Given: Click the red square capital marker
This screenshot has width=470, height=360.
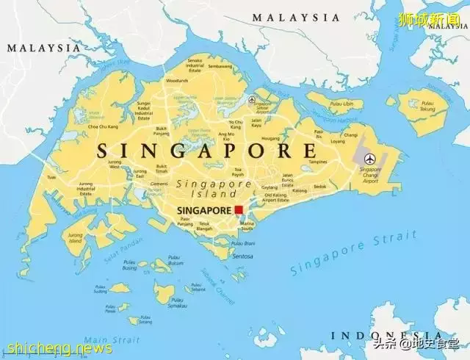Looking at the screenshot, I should pyautogui.click(x=238, y=210).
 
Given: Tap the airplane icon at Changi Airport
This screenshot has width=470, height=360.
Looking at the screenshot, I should pyautogui.click(x=369, y=158).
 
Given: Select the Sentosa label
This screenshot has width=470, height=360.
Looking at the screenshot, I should pyautogui.click(x=242, y=256).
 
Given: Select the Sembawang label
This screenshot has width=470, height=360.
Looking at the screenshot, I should pyautogui.click(x=220, y=65).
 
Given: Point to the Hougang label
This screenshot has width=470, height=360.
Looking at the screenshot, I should pyautogui.click(x=271, y=138).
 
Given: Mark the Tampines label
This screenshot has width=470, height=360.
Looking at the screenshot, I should pyautogui.click(x=317, y=162).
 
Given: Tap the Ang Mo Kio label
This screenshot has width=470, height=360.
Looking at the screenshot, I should pyautogui.click(x=228, y=136).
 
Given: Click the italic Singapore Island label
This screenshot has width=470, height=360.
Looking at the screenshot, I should pyautogui.click(x=214, y=189).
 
